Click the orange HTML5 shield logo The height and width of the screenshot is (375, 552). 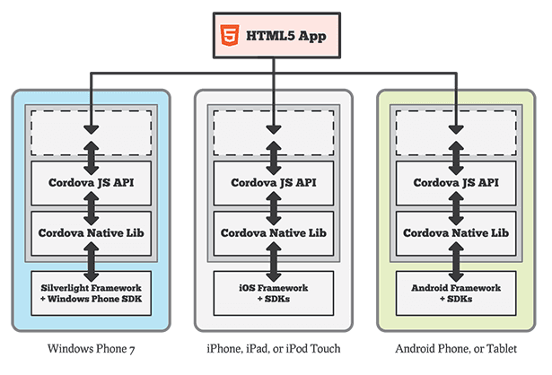[x=230, y=35]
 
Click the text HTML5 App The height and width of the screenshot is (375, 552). [x=285, y=36]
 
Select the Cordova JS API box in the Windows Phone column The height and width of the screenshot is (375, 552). [x=92, y=183]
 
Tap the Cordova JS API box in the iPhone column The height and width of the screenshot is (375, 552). [x=274, y=183]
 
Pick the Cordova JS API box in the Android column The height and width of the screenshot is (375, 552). [x=456, y=183]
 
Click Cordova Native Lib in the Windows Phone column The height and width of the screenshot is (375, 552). [x=92, y=233]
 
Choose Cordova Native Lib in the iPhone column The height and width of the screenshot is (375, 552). [x=274, y=233]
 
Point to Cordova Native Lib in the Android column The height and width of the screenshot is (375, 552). [x=456, y=233]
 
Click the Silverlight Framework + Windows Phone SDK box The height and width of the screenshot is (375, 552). [x=92, y=293]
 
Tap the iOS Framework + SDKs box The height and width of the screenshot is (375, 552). [x=274, y=293]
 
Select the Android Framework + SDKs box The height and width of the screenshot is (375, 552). [x=456, y=293]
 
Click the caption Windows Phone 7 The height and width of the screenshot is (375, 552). [x=92, y=349]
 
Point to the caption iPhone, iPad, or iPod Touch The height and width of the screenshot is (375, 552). [x=274, y=349]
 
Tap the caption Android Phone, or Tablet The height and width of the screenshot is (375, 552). [x=456, y=349]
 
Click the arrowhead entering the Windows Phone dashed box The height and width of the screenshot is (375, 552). [x=92, y=129]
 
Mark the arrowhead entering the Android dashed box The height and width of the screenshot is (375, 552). [x=456, y=129]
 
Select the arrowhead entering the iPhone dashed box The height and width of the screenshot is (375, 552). [x=274, y=129]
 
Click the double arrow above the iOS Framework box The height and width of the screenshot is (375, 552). [x=274, y=262]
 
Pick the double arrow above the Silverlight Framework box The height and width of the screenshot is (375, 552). [x=92, y=262]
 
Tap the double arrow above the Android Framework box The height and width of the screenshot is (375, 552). [x=456, y=262]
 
